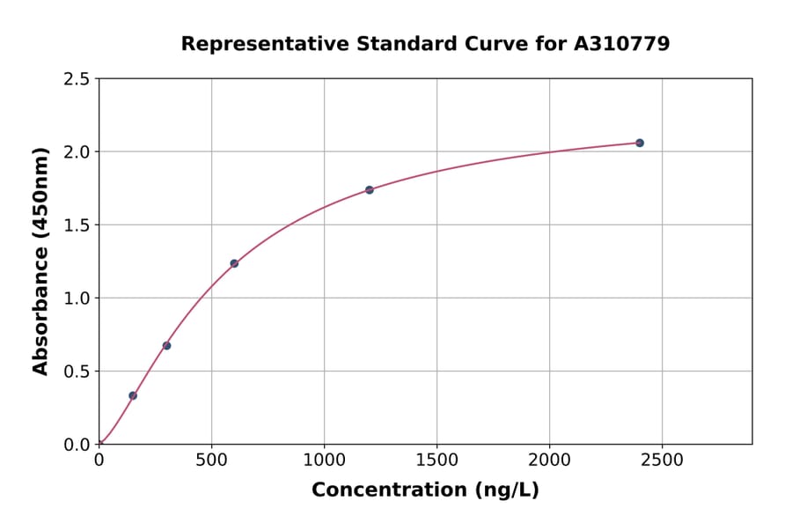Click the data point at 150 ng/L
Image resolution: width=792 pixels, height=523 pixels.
(x=133, y=395)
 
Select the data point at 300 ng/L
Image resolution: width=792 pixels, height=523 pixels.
(x=166, y=345)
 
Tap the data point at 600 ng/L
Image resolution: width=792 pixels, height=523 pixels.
(x=234, y=263)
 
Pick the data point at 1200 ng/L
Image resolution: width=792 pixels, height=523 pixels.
(x=370, y=190)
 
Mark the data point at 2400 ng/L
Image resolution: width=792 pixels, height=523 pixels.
(x=640, y=143)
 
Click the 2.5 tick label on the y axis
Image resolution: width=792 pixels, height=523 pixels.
(x=77, y=79)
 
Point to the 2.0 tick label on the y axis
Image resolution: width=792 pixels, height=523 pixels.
(x=77, y=152)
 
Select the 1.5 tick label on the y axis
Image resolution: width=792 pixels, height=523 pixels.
(x=77, y=225)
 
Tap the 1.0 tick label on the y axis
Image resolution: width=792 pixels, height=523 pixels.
(x=77, y=298)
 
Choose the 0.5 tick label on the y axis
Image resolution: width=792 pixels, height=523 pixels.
(x=77, y=372)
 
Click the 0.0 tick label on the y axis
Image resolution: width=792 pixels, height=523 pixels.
(x=77, y=445)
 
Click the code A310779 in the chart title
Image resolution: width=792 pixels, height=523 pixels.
(x=621, y=43)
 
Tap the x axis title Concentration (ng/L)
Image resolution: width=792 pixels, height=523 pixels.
(x=425, y=490)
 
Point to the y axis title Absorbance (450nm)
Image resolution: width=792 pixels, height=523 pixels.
(x=40, y=261)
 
